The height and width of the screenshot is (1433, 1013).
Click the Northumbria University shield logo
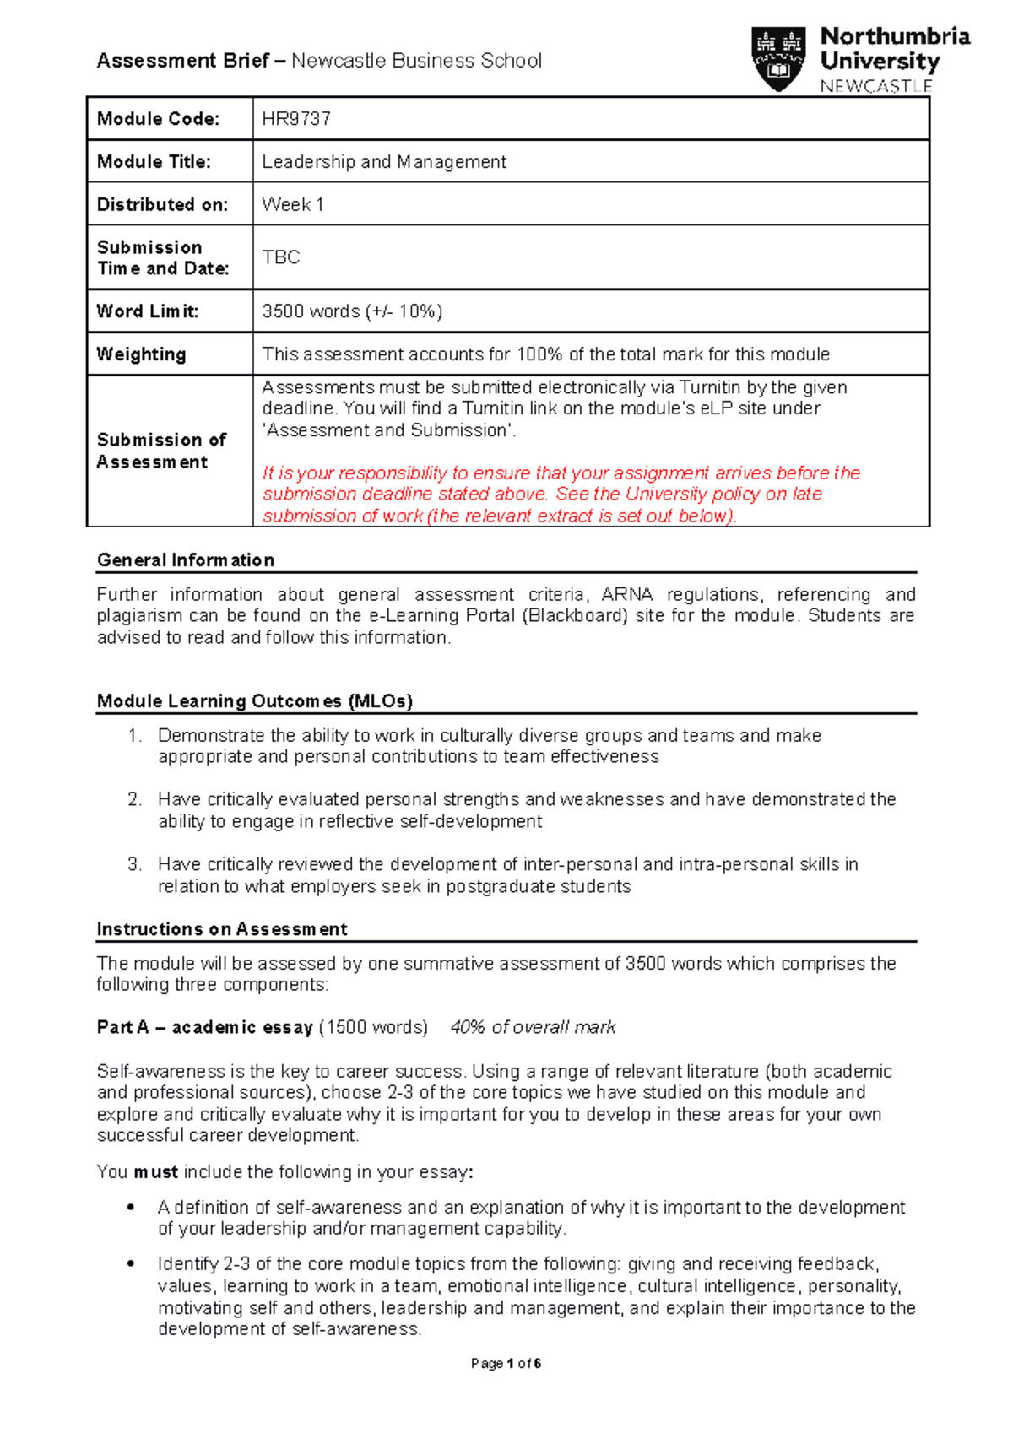pos(777,58)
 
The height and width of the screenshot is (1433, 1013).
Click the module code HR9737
pos(296,119)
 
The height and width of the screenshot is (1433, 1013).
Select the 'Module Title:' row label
pos(154,162)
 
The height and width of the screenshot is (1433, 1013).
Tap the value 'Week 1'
pos(293,205)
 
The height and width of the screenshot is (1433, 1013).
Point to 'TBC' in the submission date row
pos(281,257)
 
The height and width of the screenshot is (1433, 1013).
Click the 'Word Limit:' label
pos(148,311)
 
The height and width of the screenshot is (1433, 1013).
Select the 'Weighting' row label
pos(141,354)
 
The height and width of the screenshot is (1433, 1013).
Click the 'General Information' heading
pos(186,560)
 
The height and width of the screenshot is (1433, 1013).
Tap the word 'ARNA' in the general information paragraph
pos(626,595)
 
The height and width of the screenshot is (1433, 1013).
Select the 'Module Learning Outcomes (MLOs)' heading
pos(255,701)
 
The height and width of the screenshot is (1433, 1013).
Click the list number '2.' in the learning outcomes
pos(135,800)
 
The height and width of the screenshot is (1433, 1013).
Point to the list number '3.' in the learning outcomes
pos(135,865)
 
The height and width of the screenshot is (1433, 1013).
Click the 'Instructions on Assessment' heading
pos(222,929)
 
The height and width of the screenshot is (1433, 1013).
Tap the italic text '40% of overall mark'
pos(533,1028)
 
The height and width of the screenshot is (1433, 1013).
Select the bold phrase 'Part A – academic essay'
pos(205,1028)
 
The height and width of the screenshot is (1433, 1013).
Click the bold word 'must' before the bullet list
pos(155,1172)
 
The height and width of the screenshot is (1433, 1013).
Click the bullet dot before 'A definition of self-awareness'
pos(131,1208)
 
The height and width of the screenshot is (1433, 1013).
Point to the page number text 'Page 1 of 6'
pos(506,1364)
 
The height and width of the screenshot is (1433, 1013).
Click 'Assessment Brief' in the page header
pos(183,61)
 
